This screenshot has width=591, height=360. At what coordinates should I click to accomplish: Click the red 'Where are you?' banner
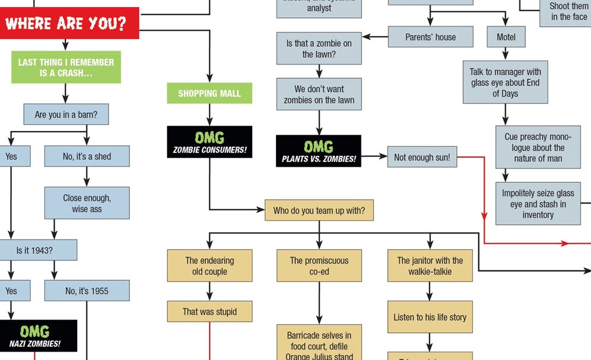tap(67, 24)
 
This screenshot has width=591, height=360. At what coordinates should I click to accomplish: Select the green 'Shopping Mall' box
tap(209, 93)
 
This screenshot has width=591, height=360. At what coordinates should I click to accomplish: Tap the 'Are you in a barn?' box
tap(66, 114)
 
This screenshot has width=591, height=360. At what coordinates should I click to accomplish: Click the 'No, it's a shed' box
tap(87, 157)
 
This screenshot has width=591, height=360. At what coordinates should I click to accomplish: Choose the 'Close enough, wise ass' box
tap(87, 203)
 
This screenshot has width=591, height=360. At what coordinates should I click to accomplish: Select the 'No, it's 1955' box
tap(87, 291)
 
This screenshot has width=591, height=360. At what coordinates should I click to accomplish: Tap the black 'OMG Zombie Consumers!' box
tap(209, 142)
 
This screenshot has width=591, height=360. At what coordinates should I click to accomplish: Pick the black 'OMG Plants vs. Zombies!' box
tap(319, 151)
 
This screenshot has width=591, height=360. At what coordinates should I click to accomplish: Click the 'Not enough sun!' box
tap(422, 157)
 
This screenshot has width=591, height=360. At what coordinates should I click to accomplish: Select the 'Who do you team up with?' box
tap(319, 211)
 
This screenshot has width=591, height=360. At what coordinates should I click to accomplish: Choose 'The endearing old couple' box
tap(209, 266)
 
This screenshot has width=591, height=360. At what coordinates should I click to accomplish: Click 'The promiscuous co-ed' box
tap(319, 266)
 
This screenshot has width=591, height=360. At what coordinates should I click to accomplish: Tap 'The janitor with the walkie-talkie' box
tap(430, 266)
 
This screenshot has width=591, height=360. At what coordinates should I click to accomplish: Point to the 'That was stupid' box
tap(209, 311)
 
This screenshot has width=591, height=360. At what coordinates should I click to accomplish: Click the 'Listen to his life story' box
tap(430, 317)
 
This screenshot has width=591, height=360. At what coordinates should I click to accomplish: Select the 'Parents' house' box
tap(430, 37)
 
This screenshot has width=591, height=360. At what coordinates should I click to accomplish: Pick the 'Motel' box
tap(506, 37)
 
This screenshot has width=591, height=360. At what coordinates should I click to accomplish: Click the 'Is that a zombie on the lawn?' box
tap(319, 49)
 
